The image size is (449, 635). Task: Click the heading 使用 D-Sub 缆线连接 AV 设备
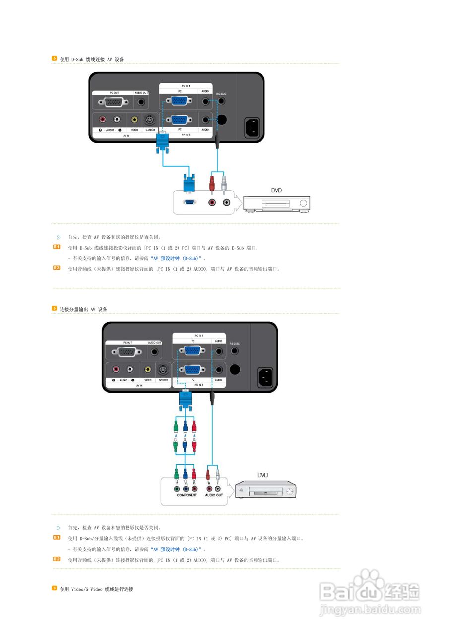click(91, 59)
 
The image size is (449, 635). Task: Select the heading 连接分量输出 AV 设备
click(83, 309)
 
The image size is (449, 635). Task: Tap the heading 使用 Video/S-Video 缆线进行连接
click(96, 589)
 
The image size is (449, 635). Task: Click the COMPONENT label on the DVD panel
click(187, 495)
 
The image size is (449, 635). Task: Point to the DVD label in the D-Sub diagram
click(277, 190)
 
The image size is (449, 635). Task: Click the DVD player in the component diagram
click(265, 492)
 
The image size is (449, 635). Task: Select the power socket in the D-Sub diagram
click(252, 128)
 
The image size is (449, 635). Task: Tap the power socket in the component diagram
click(265, 378)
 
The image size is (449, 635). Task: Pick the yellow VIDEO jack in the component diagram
click(148, 369)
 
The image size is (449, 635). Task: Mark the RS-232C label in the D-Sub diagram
click(221, 93)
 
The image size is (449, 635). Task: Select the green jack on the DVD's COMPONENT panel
click(177, 488)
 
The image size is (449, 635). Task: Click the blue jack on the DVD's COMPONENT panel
click(186, 488)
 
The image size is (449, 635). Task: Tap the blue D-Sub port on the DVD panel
click(189, 202)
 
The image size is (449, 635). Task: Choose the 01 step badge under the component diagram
click(57, 538)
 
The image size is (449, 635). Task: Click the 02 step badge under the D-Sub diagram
click(57, 268)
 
